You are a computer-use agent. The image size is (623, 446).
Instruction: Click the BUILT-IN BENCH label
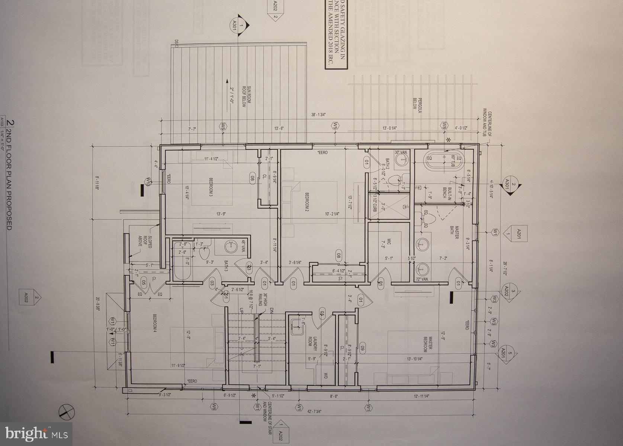pyautogui.click(x=447, y=193)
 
